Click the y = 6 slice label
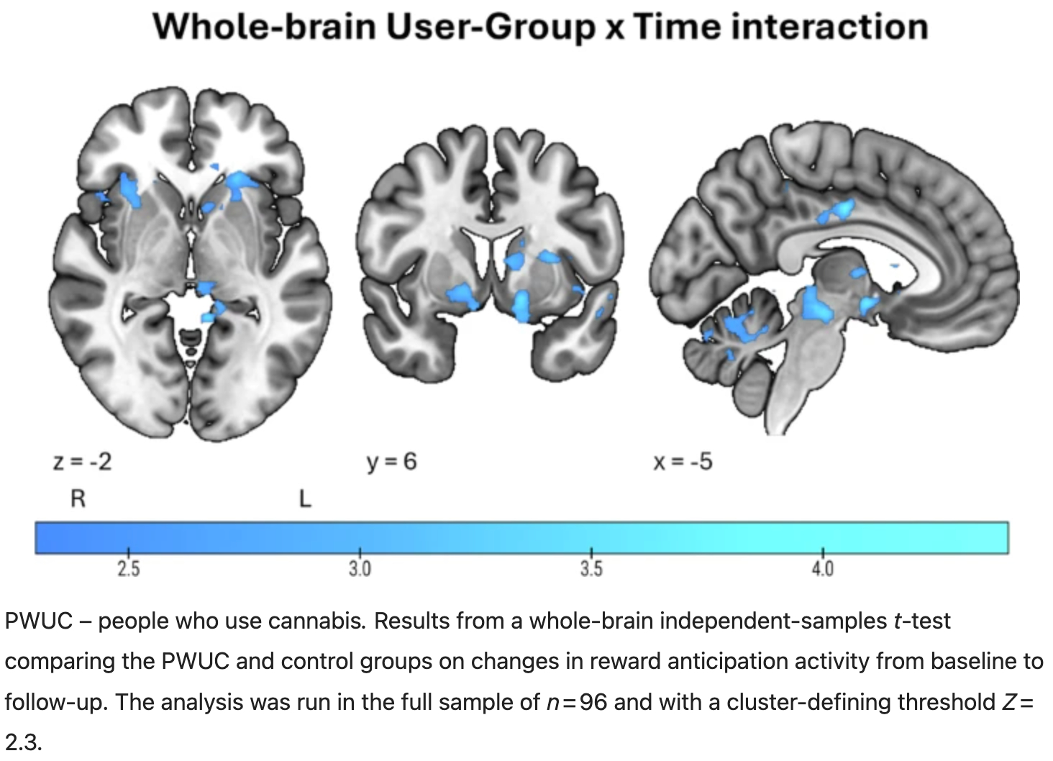tap(391, 462)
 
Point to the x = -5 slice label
tap(683, 462)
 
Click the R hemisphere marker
tap(78, 499)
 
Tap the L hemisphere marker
tap(305, 499)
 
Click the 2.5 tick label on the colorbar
tap(128, 570)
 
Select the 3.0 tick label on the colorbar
tap(360, 570)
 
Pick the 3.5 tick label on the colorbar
tap(591, 570)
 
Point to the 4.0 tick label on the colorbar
tap(823, 570)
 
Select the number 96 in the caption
tap(593, 701)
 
